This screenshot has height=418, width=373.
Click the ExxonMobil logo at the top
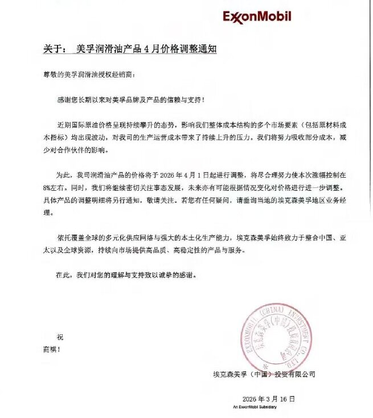click(x=257, y=17)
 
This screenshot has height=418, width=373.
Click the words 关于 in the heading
click(x=54, y=49)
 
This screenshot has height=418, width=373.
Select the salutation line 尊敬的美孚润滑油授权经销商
click(x=90, y=75)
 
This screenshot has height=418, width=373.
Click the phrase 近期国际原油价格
click(x=84, y=124)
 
